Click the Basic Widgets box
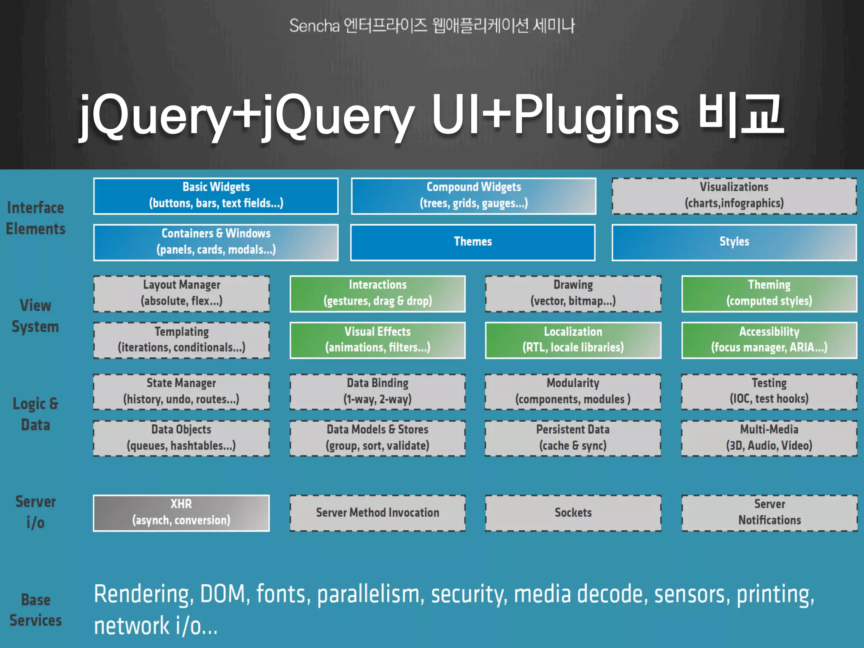click(x=216, y=196)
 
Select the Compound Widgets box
click(x=473, y=196)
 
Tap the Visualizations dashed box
click(x=734, y=196)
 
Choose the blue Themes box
click(x=473, y=242)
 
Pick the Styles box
click(x=734, y=242)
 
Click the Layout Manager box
click(x=181, y=294)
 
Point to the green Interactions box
click(x=378, y=294)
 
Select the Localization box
click(x=573, y=340)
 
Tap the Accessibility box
click(x=769, y=340)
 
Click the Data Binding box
click(x=378, y=391)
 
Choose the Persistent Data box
click(x=573, y=438)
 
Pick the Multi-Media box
click(x=769, y=438)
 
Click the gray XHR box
click(x=181, y=513)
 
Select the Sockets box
click(x=573, y=513)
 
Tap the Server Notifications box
click(x=769, y=513)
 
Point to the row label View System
click(x=35, y=316)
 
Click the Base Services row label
click(x=35, y=610)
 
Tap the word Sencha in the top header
click(x=314, y=26)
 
